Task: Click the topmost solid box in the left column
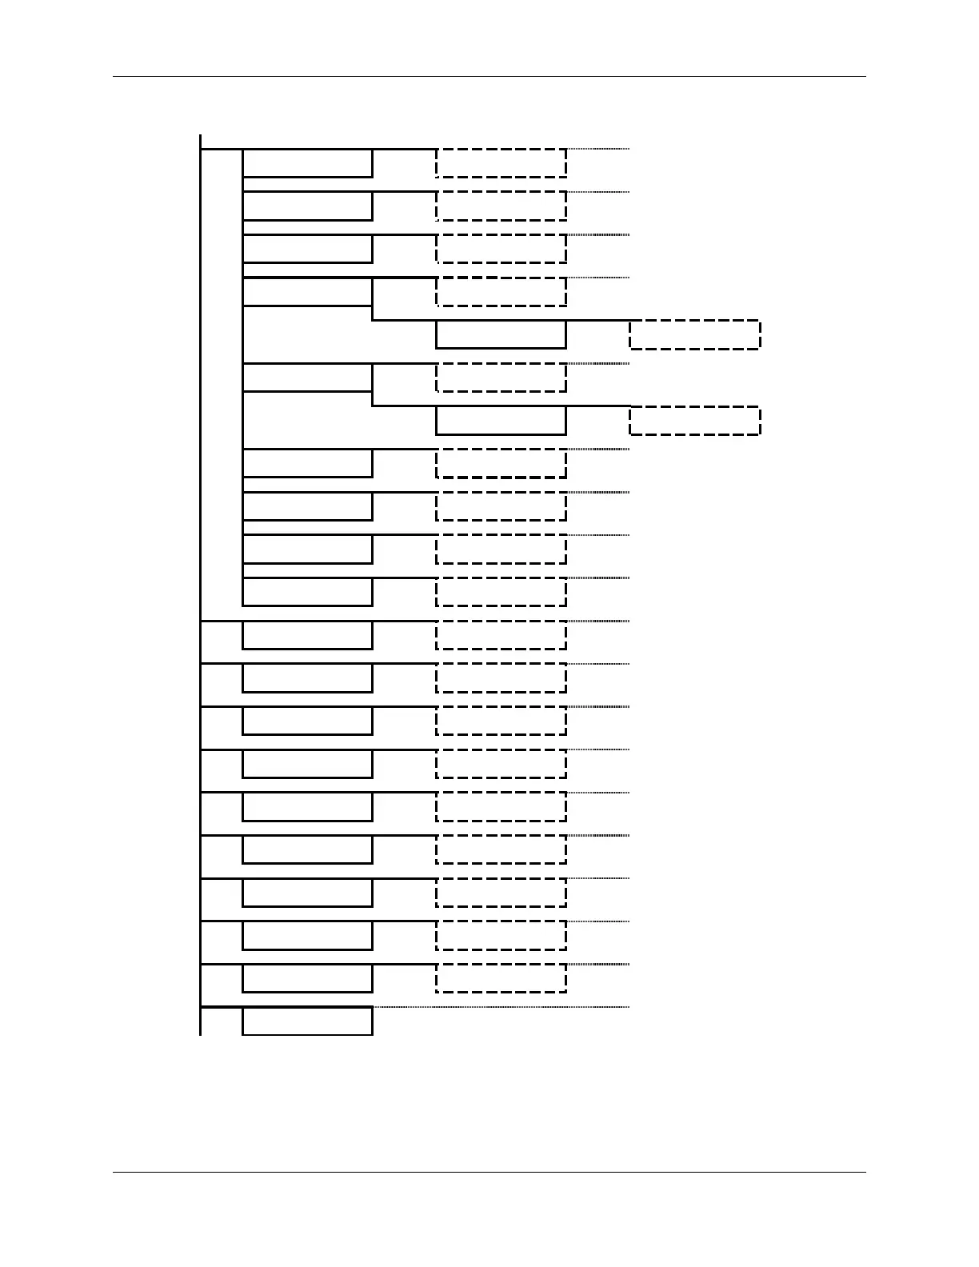click(307, 163)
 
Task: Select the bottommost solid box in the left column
click(307, 1021)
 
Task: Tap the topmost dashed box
click(501, 163)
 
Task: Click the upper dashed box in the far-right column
click(694, 335)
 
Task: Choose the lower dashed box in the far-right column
click(694, 421)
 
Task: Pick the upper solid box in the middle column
click(501, 335)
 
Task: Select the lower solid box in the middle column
click(501, 421)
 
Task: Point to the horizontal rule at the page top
click(489, 77)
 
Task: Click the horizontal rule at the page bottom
click(489, 1173)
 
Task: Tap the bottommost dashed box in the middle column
click(501, 978)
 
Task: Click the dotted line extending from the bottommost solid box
click(501, 1007)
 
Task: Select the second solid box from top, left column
click(307, 206)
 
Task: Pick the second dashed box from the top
click(501, 206)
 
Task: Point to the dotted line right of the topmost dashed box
click(598, 149)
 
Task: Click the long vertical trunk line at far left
click(200, 584)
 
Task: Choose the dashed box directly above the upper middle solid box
click(501, 292)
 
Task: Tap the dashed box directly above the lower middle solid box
click(501, 378)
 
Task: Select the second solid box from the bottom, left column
click(307, 978)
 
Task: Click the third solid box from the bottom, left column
click(307, 935)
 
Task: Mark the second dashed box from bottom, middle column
click(501, 935)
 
